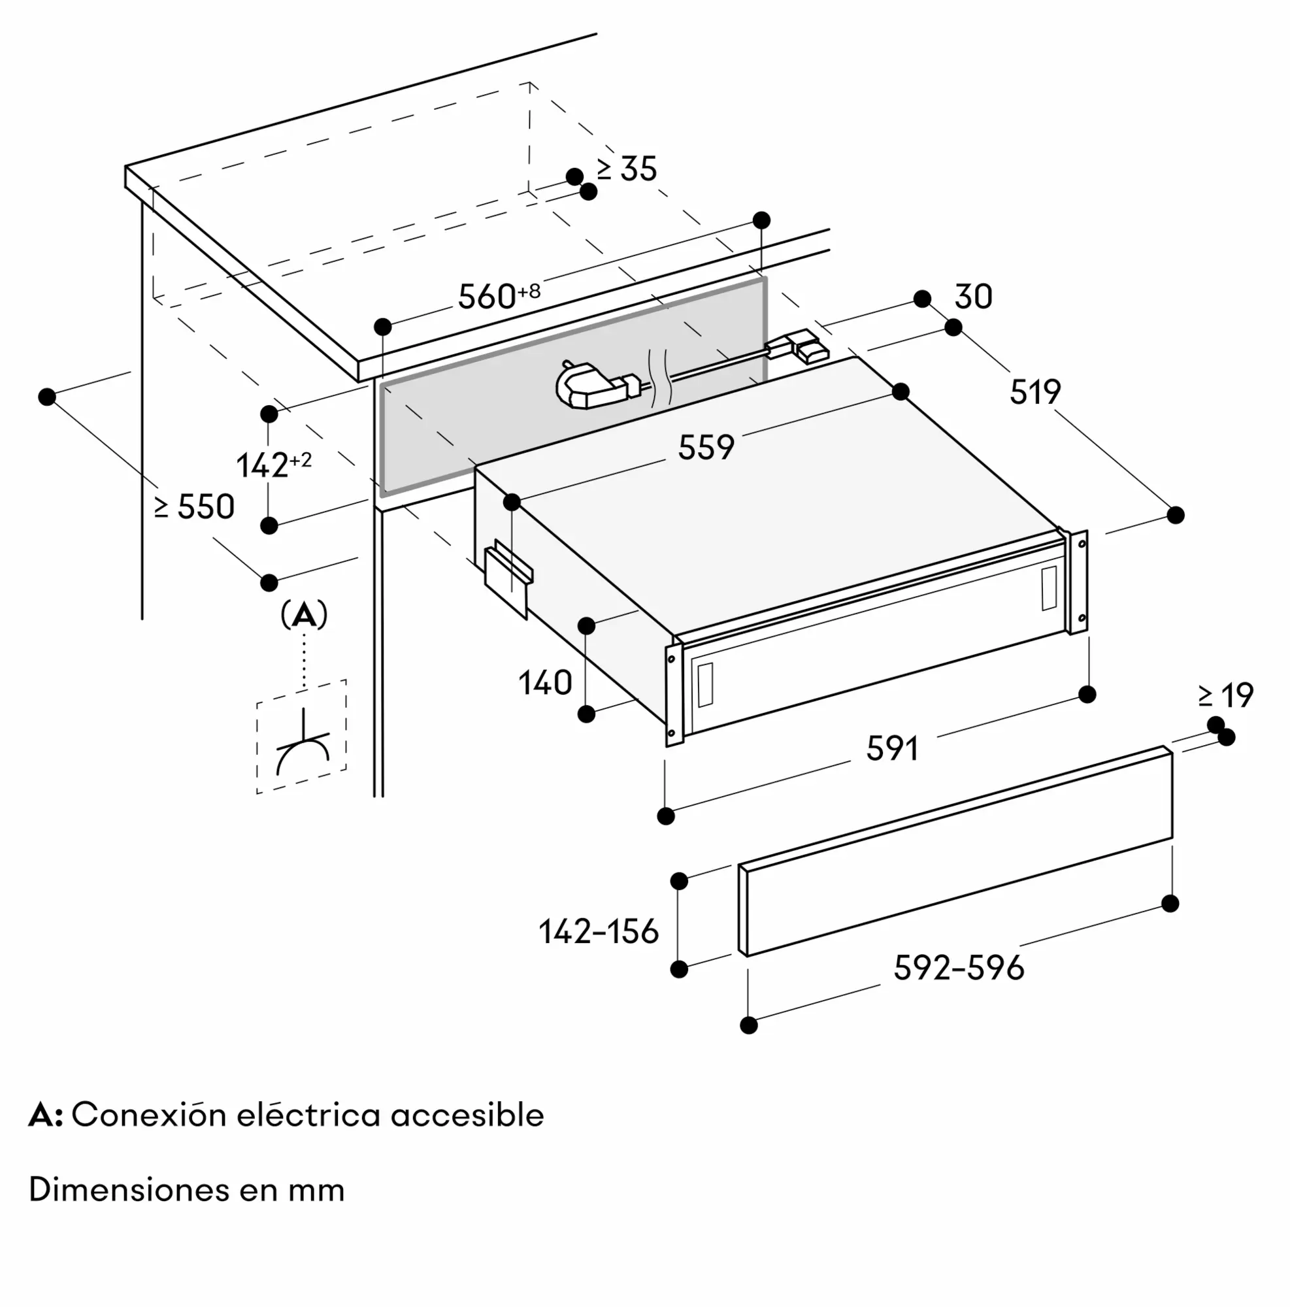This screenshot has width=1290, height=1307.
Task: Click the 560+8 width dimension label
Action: coord(499,295)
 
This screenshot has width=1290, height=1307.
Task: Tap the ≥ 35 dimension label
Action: coord(627,169)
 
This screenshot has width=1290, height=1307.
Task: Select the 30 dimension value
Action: coord(973,297)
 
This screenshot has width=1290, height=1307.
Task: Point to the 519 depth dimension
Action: coord(1035,392)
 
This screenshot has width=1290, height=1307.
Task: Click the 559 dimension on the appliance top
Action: coord(706,447)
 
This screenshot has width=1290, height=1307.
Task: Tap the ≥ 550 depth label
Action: coord(194,506)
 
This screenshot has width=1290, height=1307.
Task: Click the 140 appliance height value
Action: coord(545,683)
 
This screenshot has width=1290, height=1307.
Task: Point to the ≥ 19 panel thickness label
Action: coord(1226,695)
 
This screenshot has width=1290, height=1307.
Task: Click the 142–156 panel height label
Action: coord(599,931)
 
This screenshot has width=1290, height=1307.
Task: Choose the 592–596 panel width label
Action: coord(959,968)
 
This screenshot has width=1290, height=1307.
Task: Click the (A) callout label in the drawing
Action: coord(304,615)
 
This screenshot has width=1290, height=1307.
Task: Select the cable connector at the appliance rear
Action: coord(797,346)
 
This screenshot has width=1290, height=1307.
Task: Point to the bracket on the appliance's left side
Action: coord(508,578)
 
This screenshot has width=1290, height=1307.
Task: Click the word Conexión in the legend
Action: coord(149,1116)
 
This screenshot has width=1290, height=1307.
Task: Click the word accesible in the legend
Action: coord(467,1116)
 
